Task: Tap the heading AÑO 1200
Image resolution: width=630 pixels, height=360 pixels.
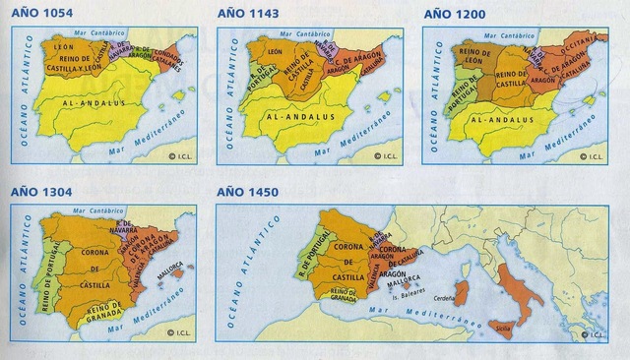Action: point(454,14)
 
